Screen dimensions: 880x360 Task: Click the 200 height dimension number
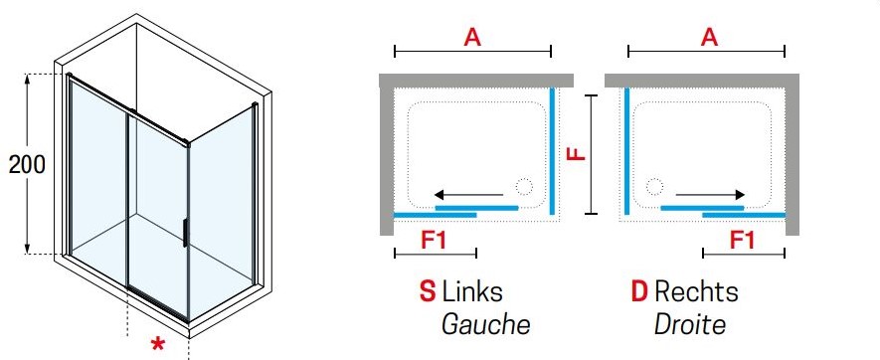point(27,164)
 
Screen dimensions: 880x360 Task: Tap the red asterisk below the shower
point(159,344)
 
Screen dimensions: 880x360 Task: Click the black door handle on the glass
point(185,233)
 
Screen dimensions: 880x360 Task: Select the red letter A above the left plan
point(472,37)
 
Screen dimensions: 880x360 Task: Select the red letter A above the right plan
point(709,37)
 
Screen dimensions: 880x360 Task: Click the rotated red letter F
point(577,153)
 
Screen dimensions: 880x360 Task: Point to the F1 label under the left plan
point(435,241)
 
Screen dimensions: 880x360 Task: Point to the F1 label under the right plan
point(742,241)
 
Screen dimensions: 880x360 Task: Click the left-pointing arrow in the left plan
point(468,195)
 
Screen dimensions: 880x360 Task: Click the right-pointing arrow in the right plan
point(710,195)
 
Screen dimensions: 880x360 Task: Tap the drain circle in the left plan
point(524,186)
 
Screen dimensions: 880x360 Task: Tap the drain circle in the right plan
point(654,186)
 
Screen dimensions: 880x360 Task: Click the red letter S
point(428,291)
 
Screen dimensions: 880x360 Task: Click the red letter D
point(639,291)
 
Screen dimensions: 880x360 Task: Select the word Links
point(472,291)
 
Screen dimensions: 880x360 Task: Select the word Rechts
point(696,291)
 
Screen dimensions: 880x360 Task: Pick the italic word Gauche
point(485,324)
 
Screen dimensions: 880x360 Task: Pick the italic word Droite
point(689,324)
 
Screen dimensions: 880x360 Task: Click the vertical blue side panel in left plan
point(552,151)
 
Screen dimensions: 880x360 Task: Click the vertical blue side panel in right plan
point(626,151)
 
